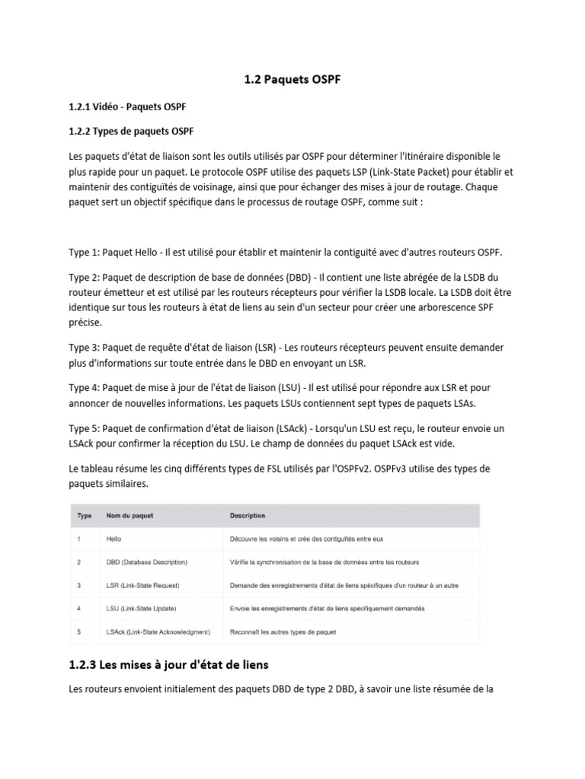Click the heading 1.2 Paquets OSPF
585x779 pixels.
click(292, 79)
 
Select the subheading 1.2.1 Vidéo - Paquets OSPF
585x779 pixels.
click(127, 106)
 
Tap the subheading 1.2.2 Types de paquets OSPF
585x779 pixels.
click(131, 131)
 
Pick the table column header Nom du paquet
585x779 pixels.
click(129, 516)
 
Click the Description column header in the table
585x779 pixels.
click(248, 516)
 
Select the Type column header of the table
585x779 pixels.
click(84, 516)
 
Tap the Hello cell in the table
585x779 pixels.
click(114, 539)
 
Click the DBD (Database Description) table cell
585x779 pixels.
click(146, 562)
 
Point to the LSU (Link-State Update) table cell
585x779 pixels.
click(142, 609)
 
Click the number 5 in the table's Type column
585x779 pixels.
click(79, 632)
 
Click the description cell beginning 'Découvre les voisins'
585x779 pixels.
click(306, 539)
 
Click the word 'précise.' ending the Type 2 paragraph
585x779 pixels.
click(87, 323)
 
